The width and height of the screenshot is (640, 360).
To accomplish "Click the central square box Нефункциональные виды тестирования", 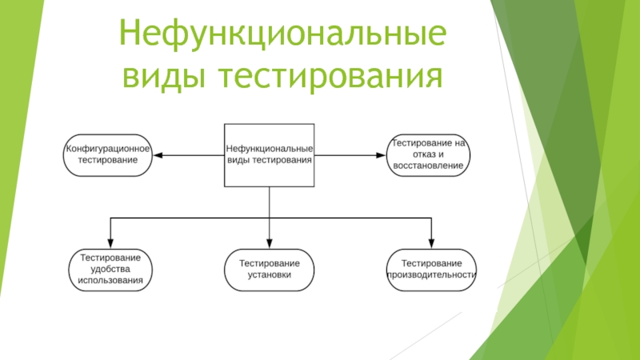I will click(269, 155).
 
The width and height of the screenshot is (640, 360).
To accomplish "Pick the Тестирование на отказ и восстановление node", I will click(428, 154).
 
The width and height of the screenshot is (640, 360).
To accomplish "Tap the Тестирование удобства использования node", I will click(110, 270).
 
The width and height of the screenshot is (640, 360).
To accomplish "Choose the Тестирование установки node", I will click(269, 270).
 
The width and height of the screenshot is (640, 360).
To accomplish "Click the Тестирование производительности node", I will click(431, 270).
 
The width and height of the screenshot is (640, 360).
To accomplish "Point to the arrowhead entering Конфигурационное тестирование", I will click(155, 155).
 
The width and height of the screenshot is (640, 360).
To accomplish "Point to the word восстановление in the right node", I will click(428, 166).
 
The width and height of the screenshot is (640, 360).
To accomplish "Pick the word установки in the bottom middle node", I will click(269, 275).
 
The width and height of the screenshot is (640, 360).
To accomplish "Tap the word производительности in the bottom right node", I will click(431, 275).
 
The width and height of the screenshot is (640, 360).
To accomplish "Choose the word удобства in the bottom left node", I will click(110, 270).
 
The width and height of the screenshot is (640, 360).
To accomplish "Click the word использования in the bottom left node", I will click(110, 281).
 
